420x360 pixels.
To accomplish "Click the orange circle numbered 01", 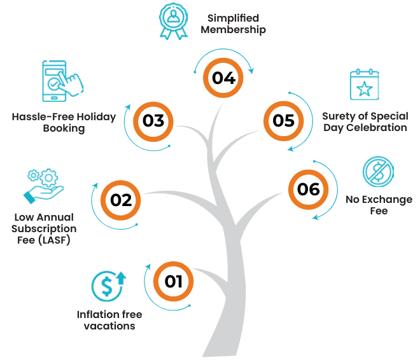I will pos(174,280).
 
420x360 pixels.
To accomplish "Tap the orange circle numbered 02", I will pos(120,200).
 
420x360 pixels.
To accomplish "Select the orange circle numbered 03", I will pos(154,121).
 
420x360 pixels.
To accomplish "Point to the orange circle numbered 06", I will pos(308,189).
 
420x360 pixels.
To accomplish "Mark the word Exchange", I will pos(387,200).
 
